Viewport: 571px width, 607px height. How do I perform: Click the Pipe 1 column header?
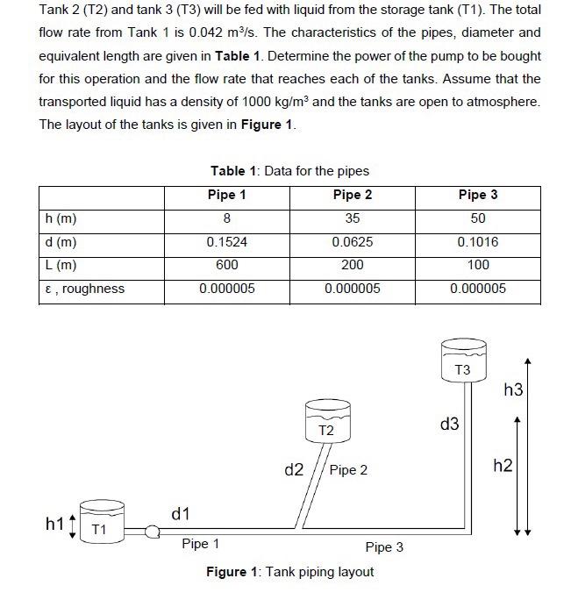tap(227, 195)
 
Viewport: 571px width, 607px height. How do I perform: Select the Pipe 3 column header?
tap(478, 195)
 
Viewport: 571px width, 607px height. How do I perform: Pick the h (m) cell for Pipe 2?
tap(352, 218)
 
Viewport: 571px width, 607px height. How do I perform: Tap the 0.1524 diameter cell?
tap(227, 241)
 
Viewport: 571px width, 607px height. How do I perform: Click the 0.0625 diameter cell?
tap(352, 241)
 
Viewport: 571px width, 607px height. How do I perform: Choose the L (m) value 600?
tap(227, 265)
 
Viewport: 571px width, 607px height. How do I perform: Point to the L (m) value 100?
tap(478, 265)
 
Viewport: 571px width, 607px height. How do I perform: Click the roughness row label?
tap(83, 289)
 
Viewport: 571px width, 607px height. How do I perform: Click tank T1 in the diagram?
tap(100, 523)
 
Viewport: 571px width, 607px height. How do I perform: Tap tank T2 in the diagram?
tap(326, 422)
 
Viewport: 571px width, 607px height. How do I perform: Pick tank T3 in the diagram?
tap(462, 362)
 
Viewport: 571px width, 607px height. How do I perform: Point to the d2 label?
tap(295, 470)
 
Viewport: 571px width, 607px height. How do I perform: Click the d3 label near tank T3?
tap(449, 425)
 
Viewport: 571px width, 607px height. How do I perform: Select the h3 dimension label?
tap(513, 389)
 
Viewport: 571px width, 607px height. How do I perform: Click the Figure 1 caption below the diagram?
tap(289, 572)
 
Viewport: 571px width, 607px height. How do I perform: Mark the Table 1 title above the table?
tap(289, 171)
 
